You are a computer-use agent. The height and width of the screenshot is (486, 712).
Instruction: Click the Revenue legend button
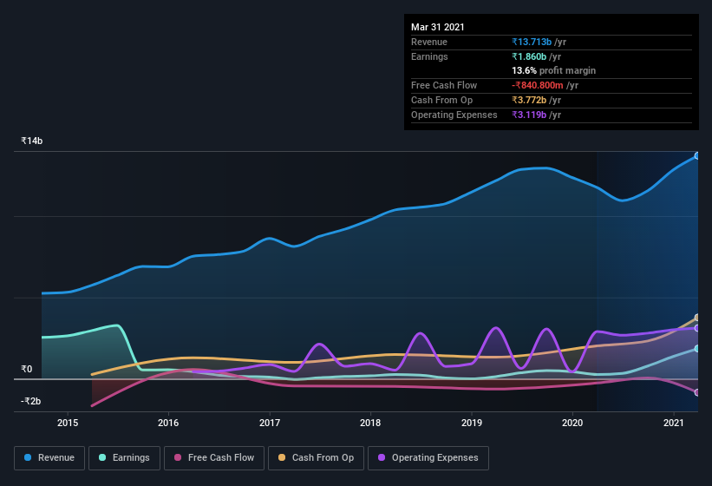pos(49,457)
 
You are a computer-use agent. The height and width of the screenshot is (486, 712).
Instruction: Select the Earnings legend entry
pos(124,457)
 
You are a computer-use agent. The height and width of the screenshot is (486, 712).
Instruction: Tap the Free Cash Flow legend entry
pos(213,457)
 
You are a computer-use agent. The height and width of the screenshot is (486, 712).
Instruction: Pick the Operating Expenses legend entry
pos(428,457)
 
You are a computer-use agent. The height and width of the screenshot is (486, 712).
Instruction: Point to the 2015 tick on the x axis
pos(68,423)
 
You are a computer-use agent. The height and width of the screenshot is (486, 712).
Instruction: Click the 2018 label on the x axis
pos(370,423)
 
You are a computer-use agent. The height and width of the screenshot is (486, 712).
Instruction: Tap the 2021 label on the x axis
pos(673,423)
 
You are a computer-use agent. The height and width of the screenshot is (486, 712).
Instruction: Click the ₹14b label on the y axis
pos(32,141)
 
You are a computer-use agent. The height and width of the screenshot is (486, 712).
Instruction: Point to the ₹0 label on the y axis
pos(27,369)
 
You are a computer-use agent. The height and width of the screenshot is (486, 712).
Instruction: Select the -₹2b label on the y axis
pos(31,401)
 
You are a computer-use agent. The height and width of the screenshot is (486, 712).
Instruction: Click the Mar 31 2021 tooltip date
pos(438,27)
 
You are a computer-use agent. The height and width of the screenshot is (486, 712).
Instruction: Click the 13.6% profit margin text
pos(553,70)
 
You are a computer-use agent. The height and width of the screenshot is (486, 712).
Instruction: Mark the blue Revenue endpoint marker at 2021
pos(696,156)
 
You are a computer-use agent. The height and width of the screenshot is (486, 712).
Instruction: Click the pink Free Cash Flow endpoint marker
pos(696,392)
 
